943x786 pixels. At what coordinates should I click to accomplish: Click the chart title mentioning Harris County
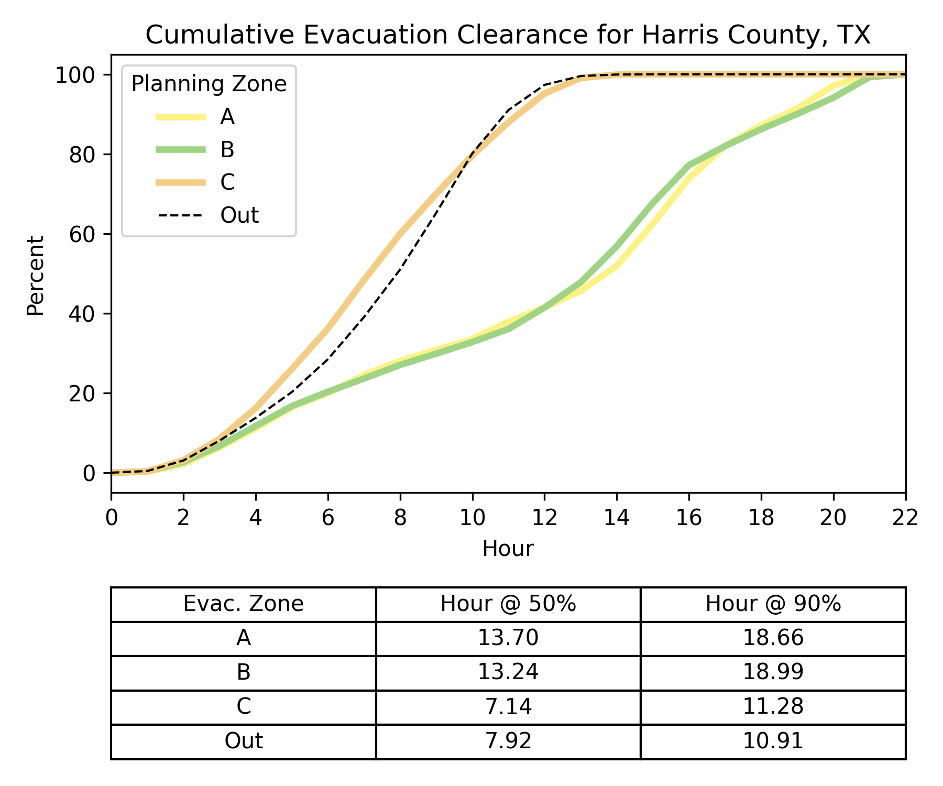[x=508, y=36]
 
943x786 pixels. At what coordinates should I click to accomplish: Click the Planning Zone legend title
[x=209, y=84]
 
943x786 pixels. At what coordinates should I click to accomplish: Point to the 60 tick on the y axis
[x=82, y=234]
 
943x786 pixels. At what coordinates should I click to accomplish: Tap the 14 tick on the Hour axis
[x=617, y=518]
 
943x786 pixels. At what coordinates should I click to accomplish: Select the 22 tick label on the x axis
[x=905, y=518]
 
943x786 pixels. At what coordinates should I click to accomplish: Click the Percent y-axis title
[x=36, y=276]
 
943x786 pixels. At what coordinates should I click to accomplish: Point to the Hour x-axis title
[x=508, y=549]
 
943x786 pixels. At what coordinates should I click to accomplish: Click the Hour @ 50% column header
[x=508, y=604]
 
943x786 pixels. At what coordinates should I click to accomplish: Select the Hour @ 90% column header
[x=773, y=604]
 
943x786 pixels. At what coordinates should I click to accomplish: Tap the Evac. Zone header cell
[x=243, y=604]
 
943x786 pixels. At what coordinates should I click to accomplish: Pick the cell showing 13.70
[x=508, y=638]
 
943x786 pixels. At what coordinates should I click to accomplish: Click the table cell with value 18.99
[x=773, y=672]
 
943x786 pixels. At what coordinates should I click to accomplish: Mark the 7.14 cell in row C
[x=508, y=707]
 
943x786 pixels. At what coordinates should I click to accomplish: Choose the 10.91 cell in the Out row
[x=773, y=741]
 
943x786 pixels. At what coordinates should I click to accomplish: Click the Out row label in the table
[x=243, y=741]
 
